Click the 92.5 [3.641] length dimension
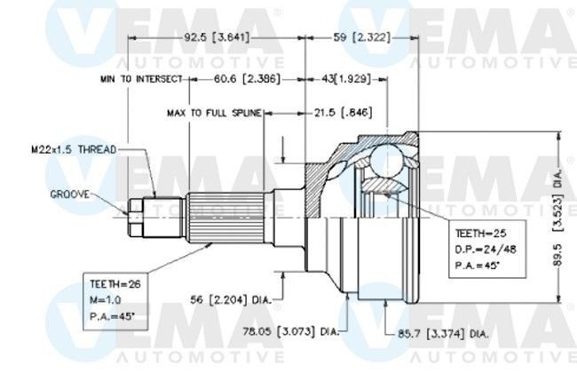(x=217, y=37)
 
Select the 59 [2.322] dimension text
(x=361, y=37)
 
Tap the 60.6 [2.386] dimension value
(x=247, y=79)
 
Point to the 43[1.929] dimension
(x=346, y=79)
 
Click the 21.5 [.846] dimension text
(x=343, y=112)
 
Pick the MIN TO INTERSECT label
(x=141, y=79)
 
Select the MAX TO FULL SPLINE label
(x=214, y=113)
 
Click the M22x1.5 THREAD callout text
(x=74, y=149)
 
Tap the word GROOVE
(x=70, y=194)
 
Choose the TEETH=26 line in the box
(x=115, y=284)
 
